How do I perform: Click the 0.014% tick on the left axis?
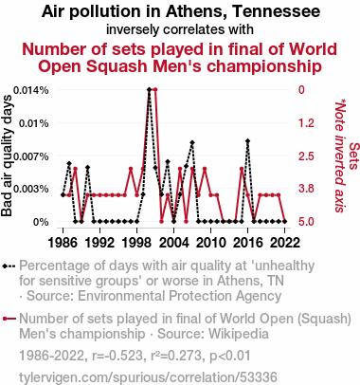click(31, 90)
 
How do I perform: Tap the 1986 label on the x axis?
click(63, 243)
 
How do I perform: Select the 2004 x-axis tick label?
click(174, 243)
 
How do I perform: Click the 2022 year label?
click(285, 243)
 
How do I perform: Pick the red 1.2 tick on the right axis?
click(306, 123)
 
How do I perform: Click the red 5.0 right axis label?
click(306, 222)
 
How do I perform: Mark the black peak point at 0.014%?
click(149, 90)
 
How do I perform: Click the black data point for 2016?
click(248, 140)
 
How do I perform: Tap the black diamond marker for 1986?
click(63, 194)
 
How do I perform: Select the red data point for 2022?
click(285, 221)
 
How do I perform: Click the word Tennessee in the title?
click(276, 11)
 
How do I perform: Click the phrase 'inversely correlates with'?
click(180, 29)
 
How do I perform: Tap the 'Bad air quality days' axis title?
click(7, 156)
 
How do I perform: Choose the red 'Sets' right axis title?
click(354, 156)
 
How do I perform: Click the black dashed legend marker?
click(9, 266)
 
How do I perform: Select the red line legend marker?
click(9, 319)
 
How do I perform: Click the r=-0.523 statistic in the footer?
click(117, 356)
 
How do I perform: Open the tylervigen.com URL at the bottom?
click(148, 377)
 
